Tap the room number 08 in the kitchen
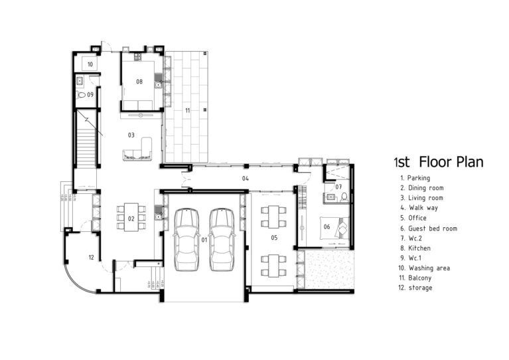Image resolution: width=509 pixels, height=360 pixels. (139, 82)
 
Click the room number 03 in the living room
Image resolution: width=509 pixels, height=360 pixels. (131, 135)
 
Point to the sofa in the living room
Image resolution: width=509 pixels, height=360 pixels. (137, 151)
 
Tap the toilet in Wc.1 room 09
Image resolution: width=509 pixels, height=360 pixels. (82, 96)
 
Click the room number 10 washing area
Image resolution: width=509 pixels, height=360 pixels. (90, 64)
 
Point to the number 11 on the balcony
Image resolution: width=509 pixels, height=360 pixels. (188, 110)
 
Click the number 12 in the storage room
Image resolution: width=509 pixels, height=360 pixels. (90, 257)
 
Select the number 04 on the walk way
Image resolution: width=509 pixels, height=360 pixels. (245, 179)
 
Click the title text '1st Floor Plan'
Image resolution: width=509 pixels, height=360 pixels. (438, 161)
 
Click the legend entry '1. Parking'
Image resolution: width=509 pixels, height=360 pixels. (415, 178)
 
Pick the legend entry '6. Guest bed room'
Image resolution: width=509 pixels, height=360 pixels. (428, 228)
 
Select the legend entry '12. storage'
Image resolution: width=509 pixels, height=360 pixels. (416, 288)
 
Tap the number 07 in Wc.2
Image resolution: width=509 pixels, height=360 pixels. (338, 187)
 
